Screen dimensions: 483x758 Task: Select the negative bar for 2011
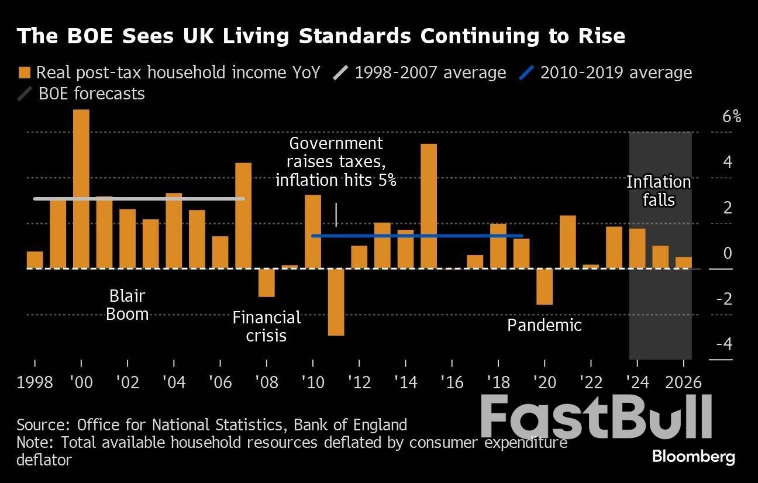(336, 302)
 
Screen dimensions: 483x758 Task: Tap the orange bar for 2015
(429, 206)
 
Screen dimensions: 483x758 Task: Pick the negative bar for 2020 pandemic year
(545, 287)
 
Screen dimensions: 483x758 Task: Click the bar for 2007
(243, 215)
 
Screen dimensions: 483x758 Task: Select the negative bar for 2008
(267, 282)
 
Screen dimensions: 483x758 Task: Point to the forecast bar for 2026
(683, 263)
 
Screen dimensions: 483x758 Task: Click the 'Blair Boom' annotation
(127, 305)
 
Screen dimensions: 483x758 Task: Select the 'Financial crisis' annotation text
(266, 326)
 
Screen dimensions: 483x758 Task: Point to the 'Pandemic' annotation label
(544, 325)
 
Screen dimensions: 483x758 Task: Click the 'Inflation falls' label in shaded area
(659, 191)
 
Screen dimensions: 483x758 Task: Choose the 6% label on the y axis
(731, 117)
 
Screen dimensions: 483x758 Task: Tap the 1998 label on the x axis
(35, 382)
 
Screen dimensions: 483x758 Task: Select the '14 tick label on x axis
(406, 382)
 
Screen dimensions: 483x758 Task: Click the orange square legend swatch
(24, 73)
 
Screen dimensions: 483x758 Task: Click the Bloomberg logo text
(693, 457)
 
